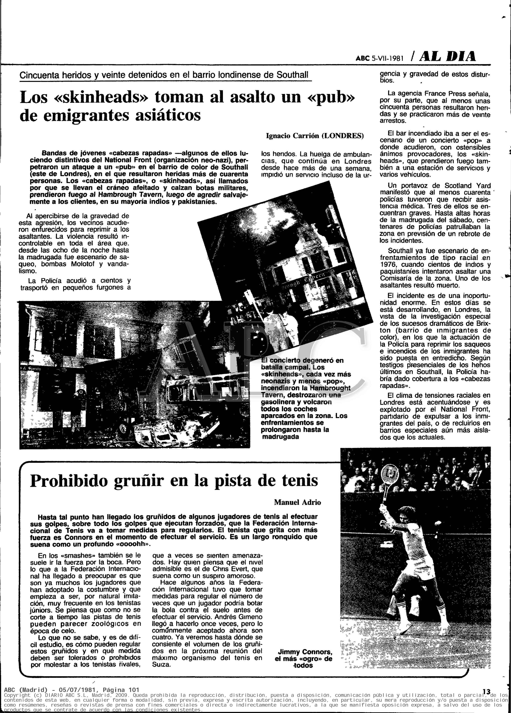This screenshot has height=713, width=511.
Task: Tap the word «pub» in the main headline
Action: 330,98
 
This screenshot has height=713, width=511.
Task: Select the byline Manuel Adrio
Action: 297,502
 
